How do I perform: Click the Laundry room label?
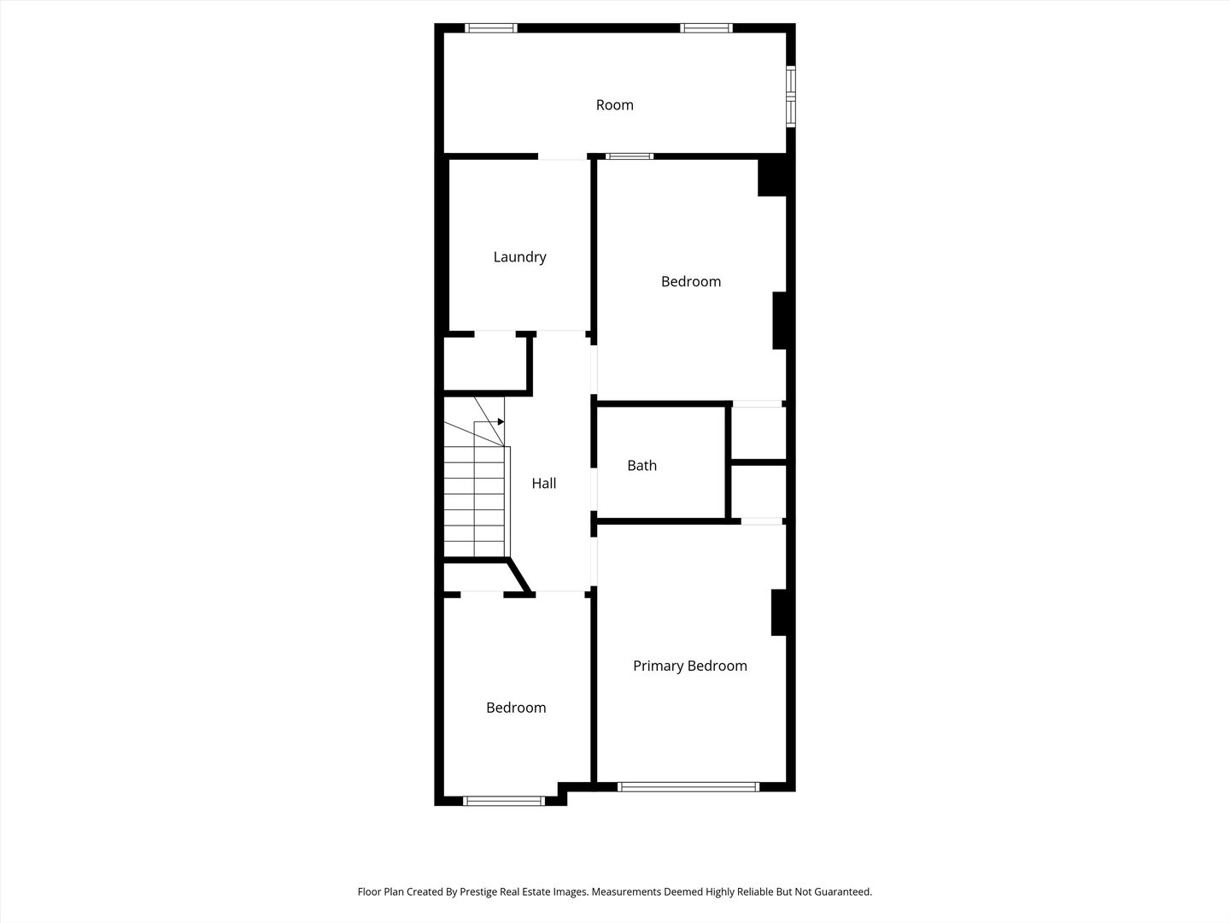pos(519,256)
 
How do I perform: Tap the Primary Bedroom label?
pos(689,666)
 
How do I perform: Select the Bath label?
pos(641,465)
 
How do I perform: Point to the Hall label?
pos(543,483)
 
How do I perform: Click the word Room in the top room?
pos(614,105)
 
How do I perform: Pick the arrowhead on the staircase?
pos(501,421)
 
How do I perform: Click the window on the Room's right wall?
pos(790,97)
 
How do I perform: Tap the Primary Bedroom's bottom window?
pos(688,786)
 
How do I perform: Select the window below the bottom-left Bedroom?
pos(504,801)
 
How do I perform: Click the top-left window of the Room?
pos(491,28)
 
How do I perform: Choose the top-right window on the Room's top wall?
pos(706,28)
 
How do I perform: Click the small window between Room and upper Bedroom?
pos(630,156)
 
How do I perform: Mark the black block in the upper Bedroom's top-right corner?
pos(772,177)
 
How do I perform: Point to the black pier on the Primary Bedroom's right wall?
pos(778,612)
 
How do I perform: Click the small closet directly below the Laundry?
pos(484,363)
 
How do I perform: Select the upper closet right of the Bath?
pos(758,432)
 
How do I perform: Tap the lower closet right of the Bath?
pos(758,491)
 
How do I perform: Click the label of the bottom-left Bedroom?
pos(516,708)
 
